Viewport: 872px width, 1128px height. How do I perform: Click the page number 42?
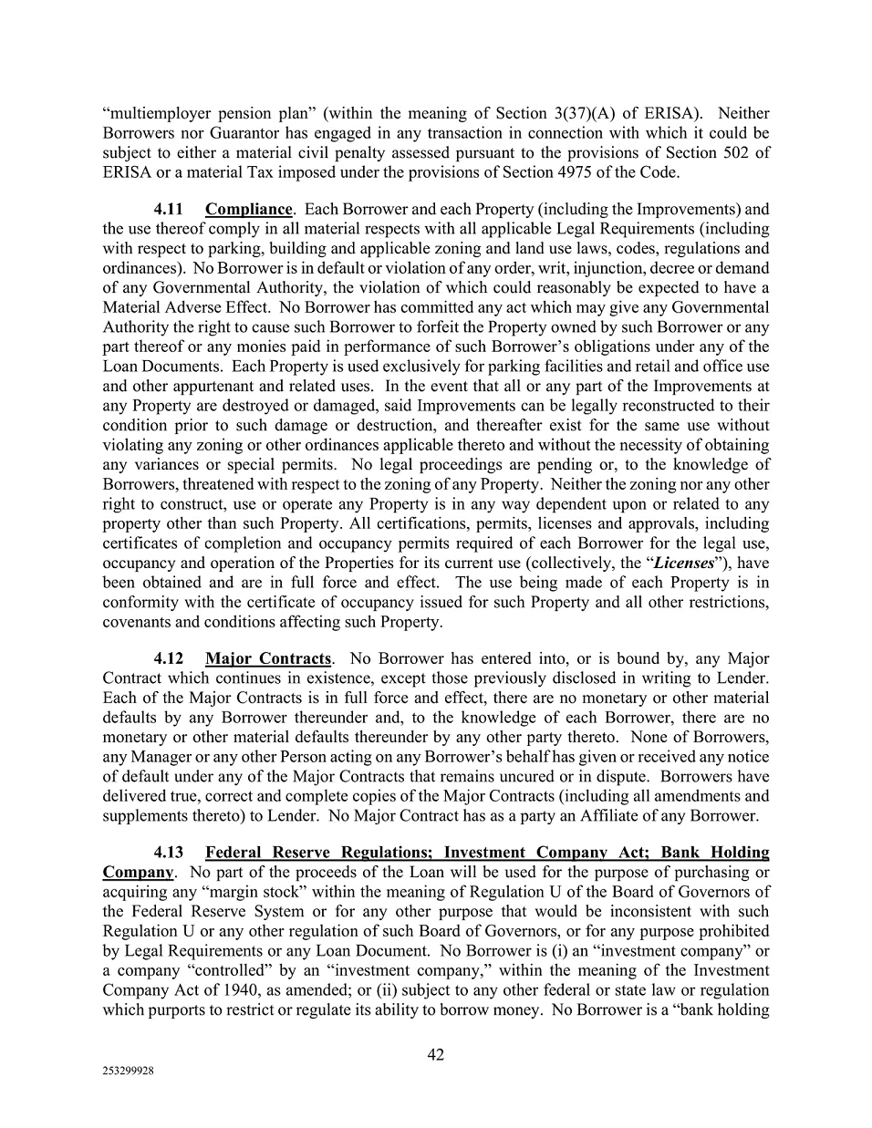click(x=436, y=1055)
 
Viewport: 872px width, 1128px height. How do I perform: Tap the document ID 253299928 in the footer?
click(x=129, y=1072)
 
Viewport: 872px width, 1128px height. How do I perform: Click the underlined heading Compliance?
click(x=248, y=210)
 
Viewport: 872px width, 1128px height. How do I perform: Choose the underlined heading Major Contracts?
click(x=267, y=658)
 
